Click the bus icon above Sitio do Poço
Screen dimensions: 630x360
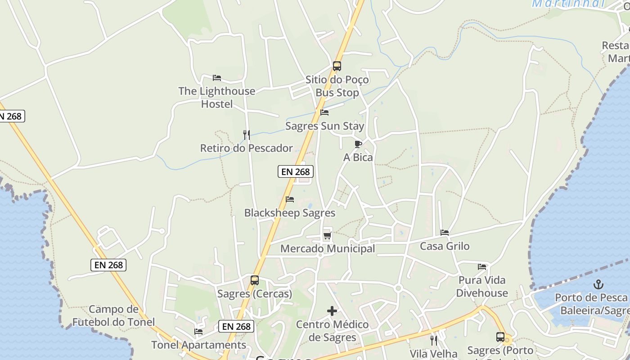click(337, 66)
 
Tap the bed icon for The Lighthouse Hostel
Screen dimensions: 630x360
click(217, 77)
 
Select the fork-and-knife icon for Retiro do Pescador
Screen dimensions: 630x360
click(246, 135)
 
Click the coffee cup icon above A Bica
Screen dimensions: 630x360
click(358, 144)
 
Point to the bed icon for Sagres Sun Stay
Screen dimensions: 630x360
click(324, 112)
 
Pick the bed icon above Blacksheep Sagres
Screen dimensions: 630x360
click(290, 199)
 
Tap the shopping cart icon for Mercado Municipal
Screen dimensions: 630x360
click(327, 235)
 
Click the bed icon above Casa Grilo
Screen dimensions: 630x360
click(445, 233)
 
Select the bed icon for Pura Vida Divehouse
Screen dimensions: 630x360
click(482, 266)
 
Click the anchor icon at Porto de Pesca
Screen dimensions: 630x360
click(598, 284)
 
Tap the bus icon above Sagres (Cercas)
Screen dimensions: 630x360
click(254, 280)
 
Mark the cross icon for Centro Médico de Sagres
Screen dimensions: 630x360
click(332, 311)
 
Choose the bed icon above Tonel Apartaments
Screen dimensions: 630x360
click(198, 332)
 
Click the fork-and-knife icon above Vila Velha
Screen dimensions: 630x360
click(433, 340)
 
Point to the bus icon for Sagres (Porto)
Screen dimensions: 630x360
click(500, 337)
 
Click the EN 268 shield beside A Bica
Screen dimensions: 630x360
click(295, 171)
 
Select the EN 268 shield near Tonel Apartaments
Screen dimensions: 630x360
click(236, 326)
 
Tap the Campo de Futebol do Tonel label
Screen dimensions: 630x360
click(113, 315)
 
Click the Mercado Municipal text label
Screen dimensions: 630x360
click(328, 248)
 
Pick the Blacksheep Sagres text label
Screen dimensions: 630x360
click(290, 213)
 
